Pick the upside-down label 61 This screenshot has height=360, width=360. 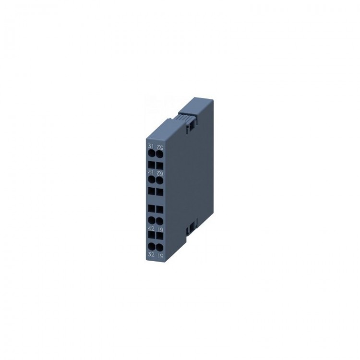[x=158, y=229]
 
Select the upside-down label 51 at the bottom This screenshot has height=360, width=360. [x=158, y=254]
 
